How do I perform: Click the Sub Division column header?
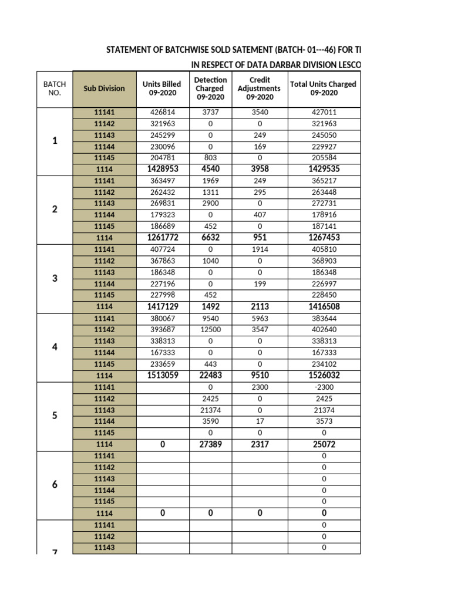tap(104, 88)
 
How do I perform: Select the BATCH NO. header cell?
tap(55, 88)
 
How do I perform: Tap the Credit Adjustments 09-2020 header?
tap(259, 88)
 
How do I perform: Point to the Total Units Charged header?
tap(323, 88)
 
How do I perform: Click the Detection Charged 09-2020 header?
tap(210, 88)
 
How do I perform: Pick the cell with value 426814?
tap(163, 113)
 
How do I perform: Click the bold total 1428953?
tap(163, 170)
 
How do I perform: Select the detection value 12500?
tap(210, 330)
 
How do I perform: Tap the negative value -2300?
tap(324, 387)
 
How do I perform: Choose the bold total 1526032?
tap(324, 376)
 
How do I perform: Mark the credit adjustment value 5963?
tap(259, 319)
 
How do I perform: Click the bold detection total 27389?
tap(210, 444)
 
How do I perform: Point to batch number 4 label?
tap(55, 347)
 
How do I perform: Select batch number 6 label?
tap(55, 484)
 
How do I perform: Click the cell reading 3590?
tap(210, 421)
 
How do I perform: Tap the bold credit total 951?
tap(259, 238)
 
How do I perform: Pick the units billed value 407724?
tap(163, 249)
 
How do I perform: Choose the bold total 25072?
tap(324, 444)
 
